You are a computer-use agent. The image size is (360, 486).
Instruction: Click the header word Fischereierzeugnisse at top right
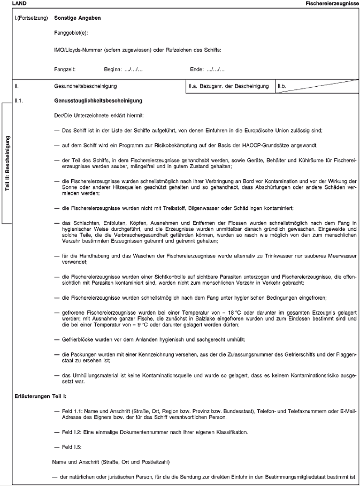tap(332, 4)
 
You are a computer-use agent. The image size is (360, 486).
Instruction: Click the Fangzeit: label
tap(65, 69)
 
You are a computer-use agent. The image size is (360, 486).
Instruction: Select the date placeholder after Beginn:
tap(133, 69)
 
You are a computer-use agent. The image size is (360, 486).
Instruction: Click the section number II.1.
tap(20, 101)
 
